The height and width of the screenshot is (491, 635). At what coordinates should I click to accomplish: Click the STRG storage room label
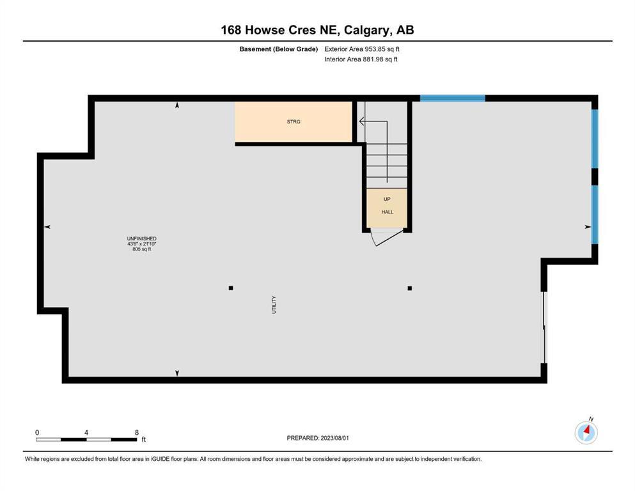coord(294,121)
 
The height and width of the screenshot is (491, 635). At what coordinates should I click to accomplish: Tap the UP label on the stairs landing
coord(387,199)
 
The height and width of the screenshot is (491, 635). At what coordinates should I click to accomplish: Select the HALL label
coord(387,212)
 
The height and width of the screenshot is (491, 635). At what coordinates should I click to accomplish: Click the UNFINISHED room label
coord(142,238)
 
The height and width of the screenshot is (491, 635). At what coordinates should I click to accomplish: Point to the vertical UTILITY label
coord(274,305)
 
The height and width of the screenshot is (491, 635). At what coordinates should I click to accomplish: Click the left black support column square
coord(231,288)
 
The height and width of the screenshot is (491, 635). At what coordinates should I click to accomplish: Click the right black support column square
coord(410,288)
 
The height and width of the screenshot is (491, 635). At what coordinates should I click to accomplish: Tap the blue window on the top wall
coord(452,98)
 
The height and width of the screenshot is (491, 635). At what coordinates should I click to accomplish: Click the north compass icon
coord(586,432)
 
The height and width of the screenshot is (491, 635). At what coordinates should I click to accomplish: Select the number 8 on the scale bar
coord(137,432)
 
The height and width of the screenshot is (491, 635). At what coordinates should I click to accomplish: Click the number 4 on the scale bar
coord(86,432)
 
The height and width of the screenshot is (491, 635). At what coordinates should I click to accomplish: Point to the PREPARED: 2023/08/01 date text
coord(318,438)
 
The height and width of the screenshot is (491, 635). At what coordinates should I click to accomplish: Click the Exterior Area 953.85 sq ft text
coord(362,49)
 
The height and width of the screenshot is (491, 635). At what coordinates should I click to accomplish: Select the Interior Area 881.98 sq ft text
coord(361,59)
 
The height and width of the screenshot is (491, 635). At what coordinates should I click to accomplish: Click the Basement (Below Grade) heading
coord(279,49)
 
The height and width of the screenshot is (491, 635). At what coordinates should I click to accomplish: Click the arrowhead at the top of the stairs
coord(361,121)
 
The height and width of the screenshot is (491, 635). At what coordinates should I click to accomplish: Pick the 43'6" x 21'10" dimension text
coord(142,244)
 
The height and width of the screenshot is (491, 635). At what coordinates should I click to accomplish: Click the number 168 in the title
coord(231,30)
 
